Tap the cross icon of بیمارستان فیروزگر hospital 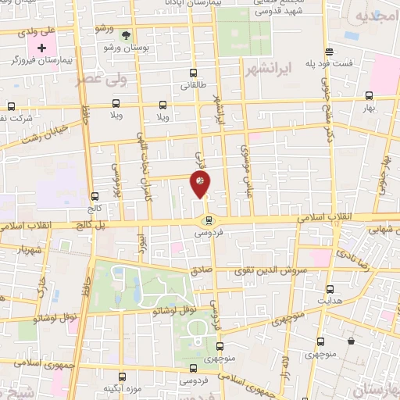tap(41, 48)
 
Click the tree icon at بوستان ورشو tap(126, 34)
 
